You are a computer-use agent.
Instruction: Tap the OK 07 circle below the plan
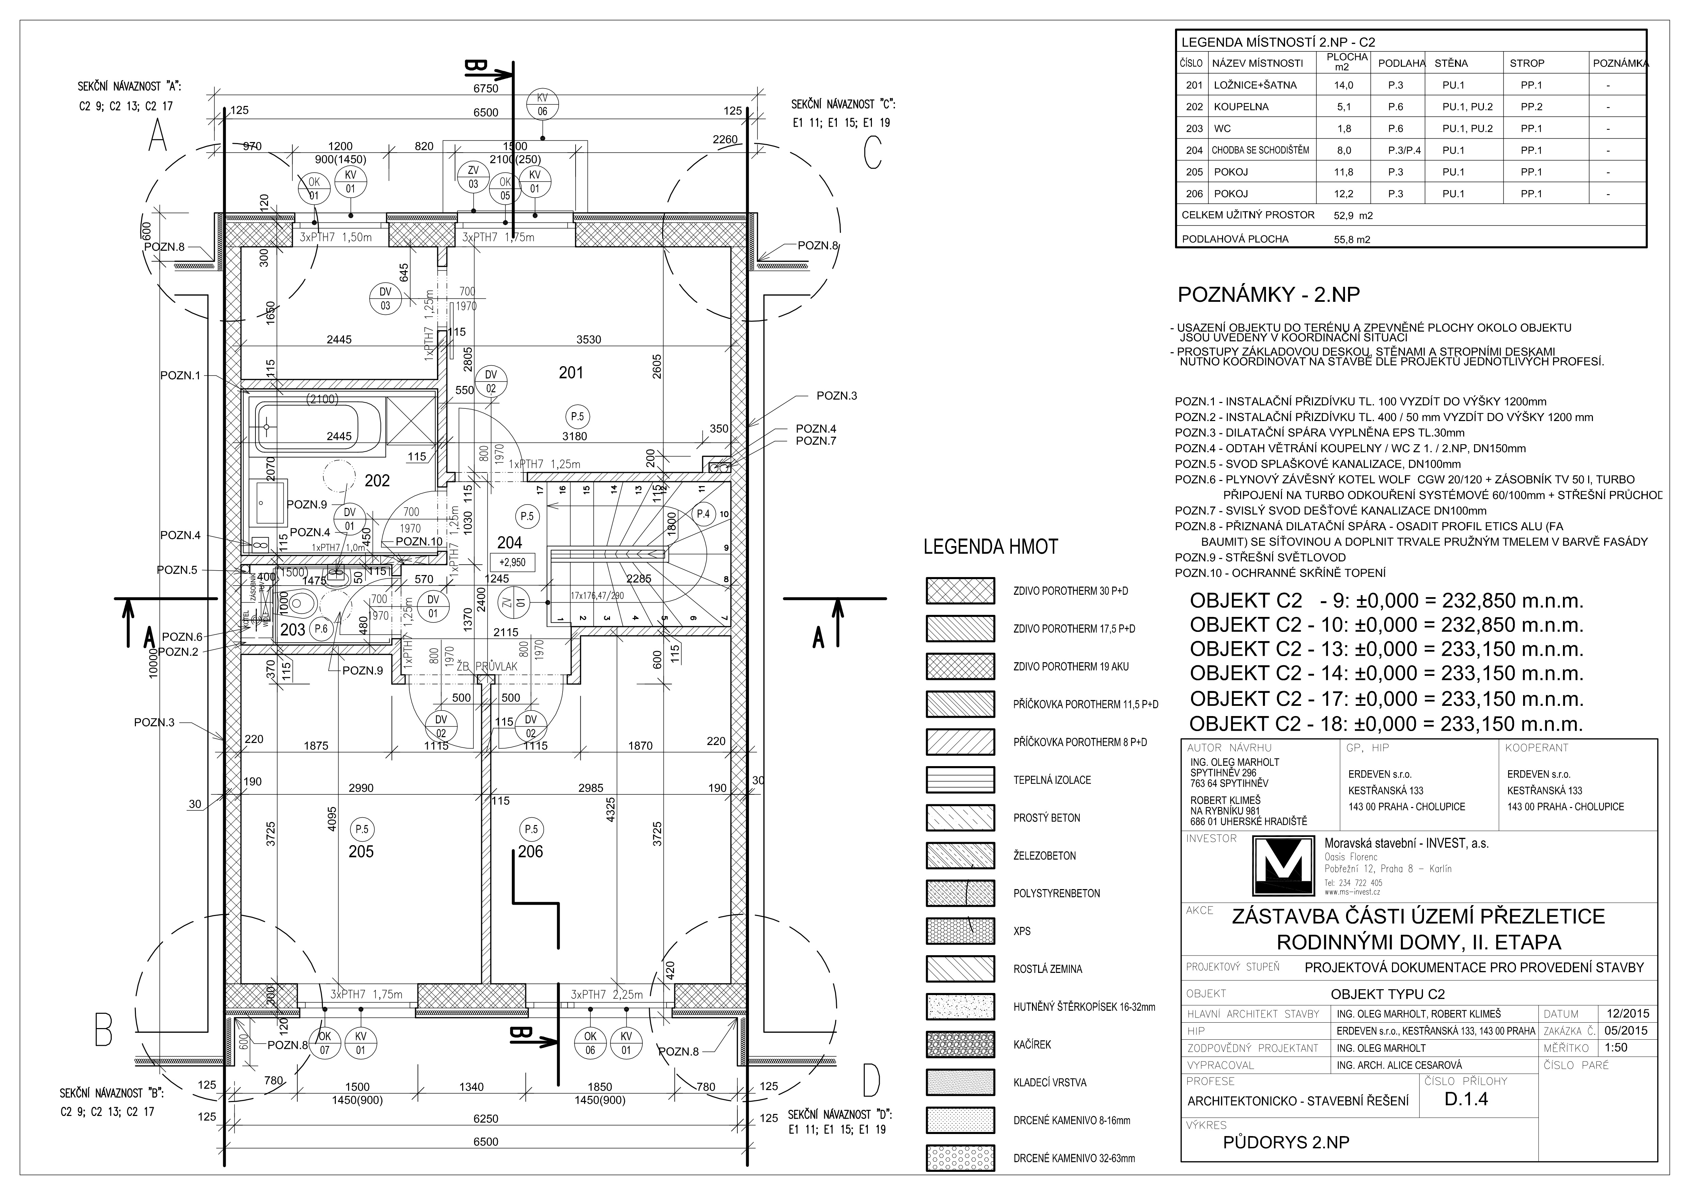(325, 1043)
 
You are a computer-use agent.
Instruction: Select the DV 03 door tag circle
(385, 298)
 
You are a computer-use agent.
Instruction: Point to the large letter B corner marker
(103, 1031)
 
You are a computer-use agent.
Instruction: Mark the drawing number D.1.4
(1466, 1099)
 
